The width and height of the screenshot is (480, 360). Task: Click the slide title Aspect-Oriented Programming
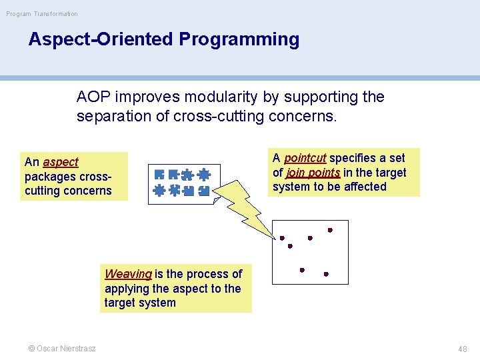(x=163, y=39)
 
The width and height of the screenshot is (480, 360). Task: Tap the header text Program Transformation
(x=42, y=13)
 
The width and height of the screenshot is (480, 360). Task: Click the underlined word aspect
(x=61, y=162)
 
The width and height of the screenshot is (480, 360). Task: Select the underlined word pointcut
(x=305, y=158)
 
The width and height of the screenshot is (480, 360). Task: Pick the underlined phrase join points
(x=313, y=173)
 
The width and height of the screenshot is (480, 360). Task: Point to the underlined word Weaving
(x=128, y=274)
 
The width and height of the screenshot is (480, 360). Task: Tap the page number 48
(x=462, y=349)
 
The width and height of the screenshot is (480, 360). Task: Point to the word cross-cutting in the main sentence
(x=214, y=116)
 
